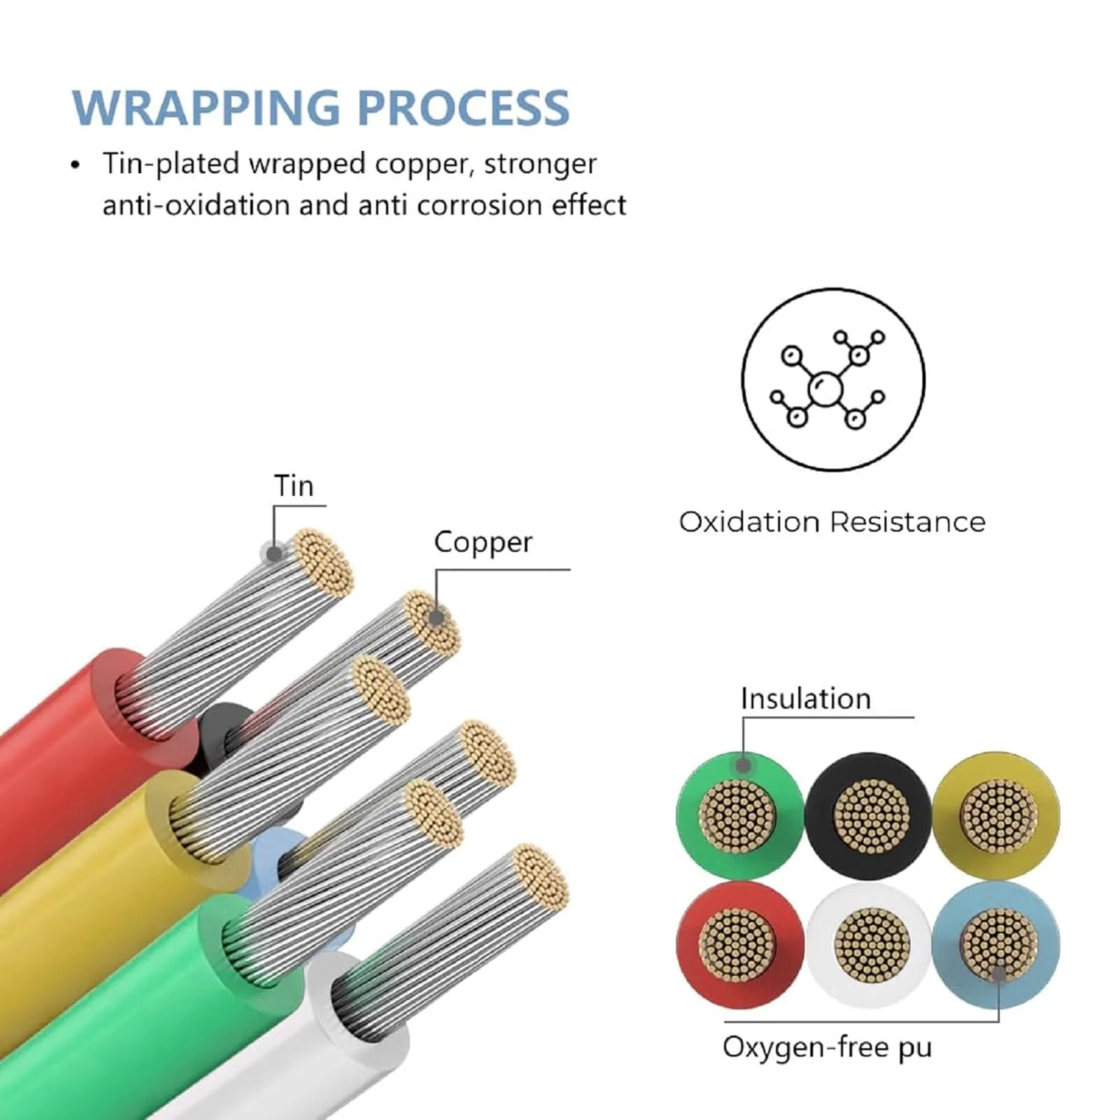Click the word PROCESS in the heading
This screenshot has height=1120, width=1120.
pyautogui.click(x=463, y=108)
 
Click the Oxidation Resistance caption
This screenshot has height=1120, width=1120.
pyautogui.click(x=832, y=522)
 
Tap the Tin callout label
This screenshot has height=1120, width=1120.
pyautogui.click(x=293, y=486)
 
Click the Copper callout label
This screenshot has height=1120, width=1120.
pyautogui.click(x=482, y=543)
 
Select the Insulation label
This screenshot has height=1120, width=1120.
pyautogui.click(x=806, y=699)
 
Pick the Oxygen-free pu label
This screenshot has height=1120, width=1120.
pyautogui.click(x=827, y=1048)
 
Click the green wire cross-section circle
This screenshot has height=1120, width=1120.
pyautogui.click(x=738, y=815)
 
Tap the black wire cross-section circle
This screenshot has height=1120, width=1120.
pyautogui.click(x=868, y=815)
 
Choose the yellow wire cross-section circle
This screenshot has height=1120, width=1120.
pyautogui.click(x=997, y=815)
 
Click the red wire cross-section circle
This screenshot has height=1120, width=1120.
pyautogui.click(x=738, y=945)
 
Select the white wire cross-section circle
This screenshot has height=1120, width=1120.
pyautogui.click(x=868, y=945)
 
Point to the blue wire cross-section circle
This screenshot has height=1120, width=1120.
pyautogui.click(x=997, y=945)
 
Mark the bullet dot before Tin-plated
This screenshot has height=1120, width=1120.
pyautogui.click(x=75, y=165)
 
